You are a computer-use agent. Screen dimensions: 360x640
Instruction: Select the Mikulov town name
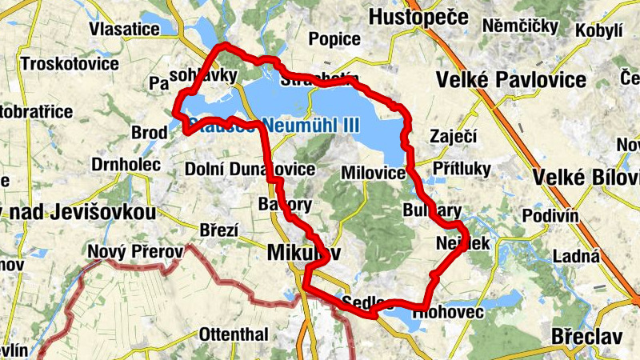pos(301,252)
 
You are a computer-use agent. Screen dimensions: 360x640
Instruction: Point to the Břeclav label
pos(586,337)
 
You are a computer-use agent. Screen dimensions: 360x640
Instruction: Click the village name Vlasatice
pos(124,29)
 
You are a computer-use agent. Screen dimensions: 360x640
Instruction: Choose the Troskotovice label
pos(70,63)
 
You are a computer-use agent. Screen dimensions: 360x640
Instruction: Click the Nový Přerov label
pos(135,252)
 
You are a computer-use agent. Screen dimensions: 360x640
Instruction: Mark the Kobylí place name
pos(605,31)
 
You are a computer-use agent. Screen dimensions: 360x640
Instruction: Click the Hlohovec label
pos(448,312)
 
